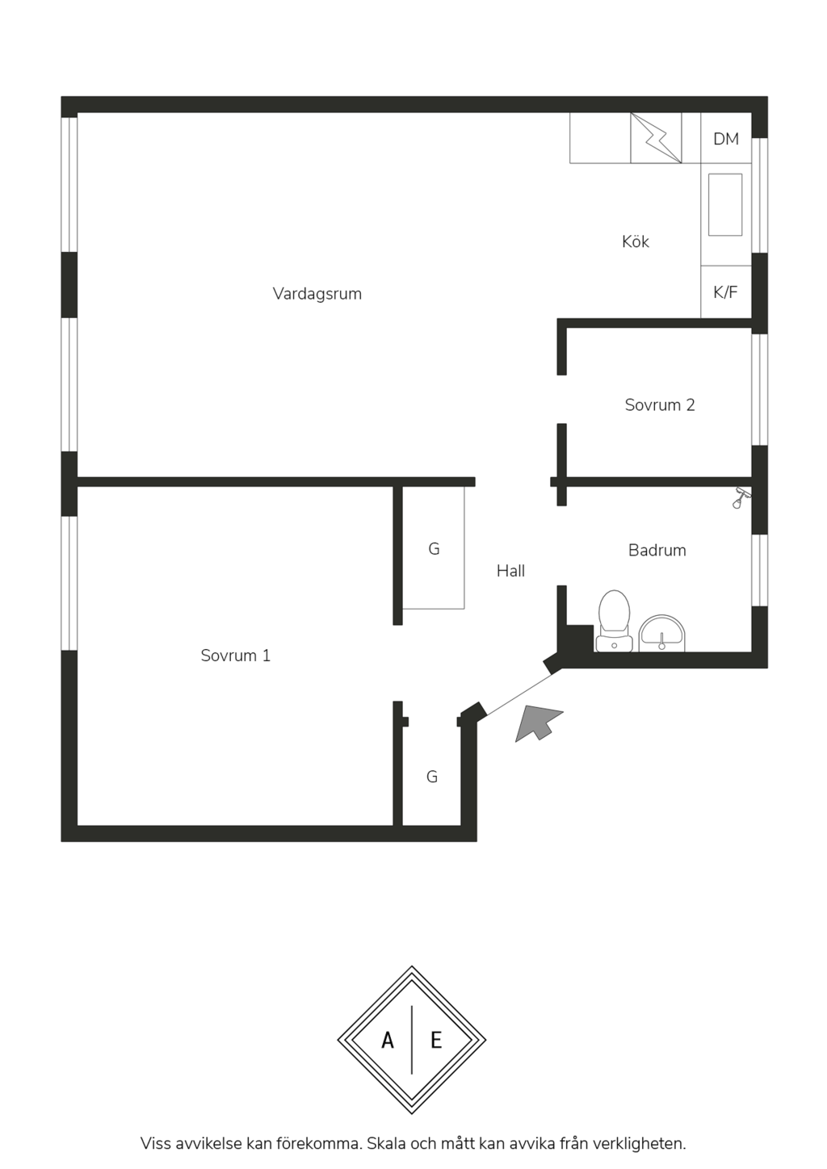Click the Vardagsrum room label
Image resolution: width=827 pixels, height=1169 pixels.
pyautogui.click(x=317, y=294)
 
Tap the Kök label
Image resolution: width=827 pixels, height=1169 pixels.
pyautogui.click(x=636, y=241)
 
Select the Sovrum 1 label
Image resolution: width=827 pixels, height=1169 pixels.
pyautogui.click(x=236, y=656)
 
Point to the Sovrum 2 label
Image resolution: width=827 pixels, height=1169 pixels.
pyautogui.click(x=660, y=405)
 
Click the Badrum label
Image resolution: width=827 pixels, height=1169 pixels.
pyautogui.click(x=657, y=550)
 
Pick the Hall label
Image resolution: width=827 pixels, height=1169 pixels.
pyautogui.click(x=510, y=571)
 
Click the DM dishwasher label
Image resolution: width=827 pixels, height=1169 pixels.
pyautogui.click(x=726, y=139)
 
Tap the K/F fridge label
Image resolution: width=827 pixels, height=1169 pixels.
pyautogui.click(x=726, y=292)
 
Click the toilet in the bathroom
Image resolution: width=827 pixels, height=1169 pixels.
pyautogui.click(x=614, y=621)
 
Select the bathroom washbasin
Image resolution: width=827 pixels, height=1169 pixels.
pyautogui.click(x=662, y=634)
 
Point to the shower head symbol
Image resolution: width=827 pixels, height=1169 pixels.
pyautogui.click(x=741, y=497)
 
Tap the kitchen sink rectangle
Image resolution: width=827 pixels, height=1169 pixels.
pyautogui.click(x=725, y=204)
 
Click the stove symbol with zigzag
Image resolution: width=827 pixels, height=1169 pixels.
pyautogui.click(x=656, y=138)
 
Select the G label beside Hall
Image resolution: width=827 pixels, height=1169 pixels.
pyautogui.click(x=434, y=549)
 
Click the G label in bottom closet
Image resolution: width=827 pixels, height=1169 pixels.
pyautogui.click(x=432, y=777)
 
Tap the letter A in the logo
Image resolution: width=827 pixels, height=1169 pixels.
pyautogui.click(x=388, y=1041)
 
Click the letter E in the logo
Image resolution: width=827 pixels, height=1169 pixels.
pyautogui.click(x=436, y=1041)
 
